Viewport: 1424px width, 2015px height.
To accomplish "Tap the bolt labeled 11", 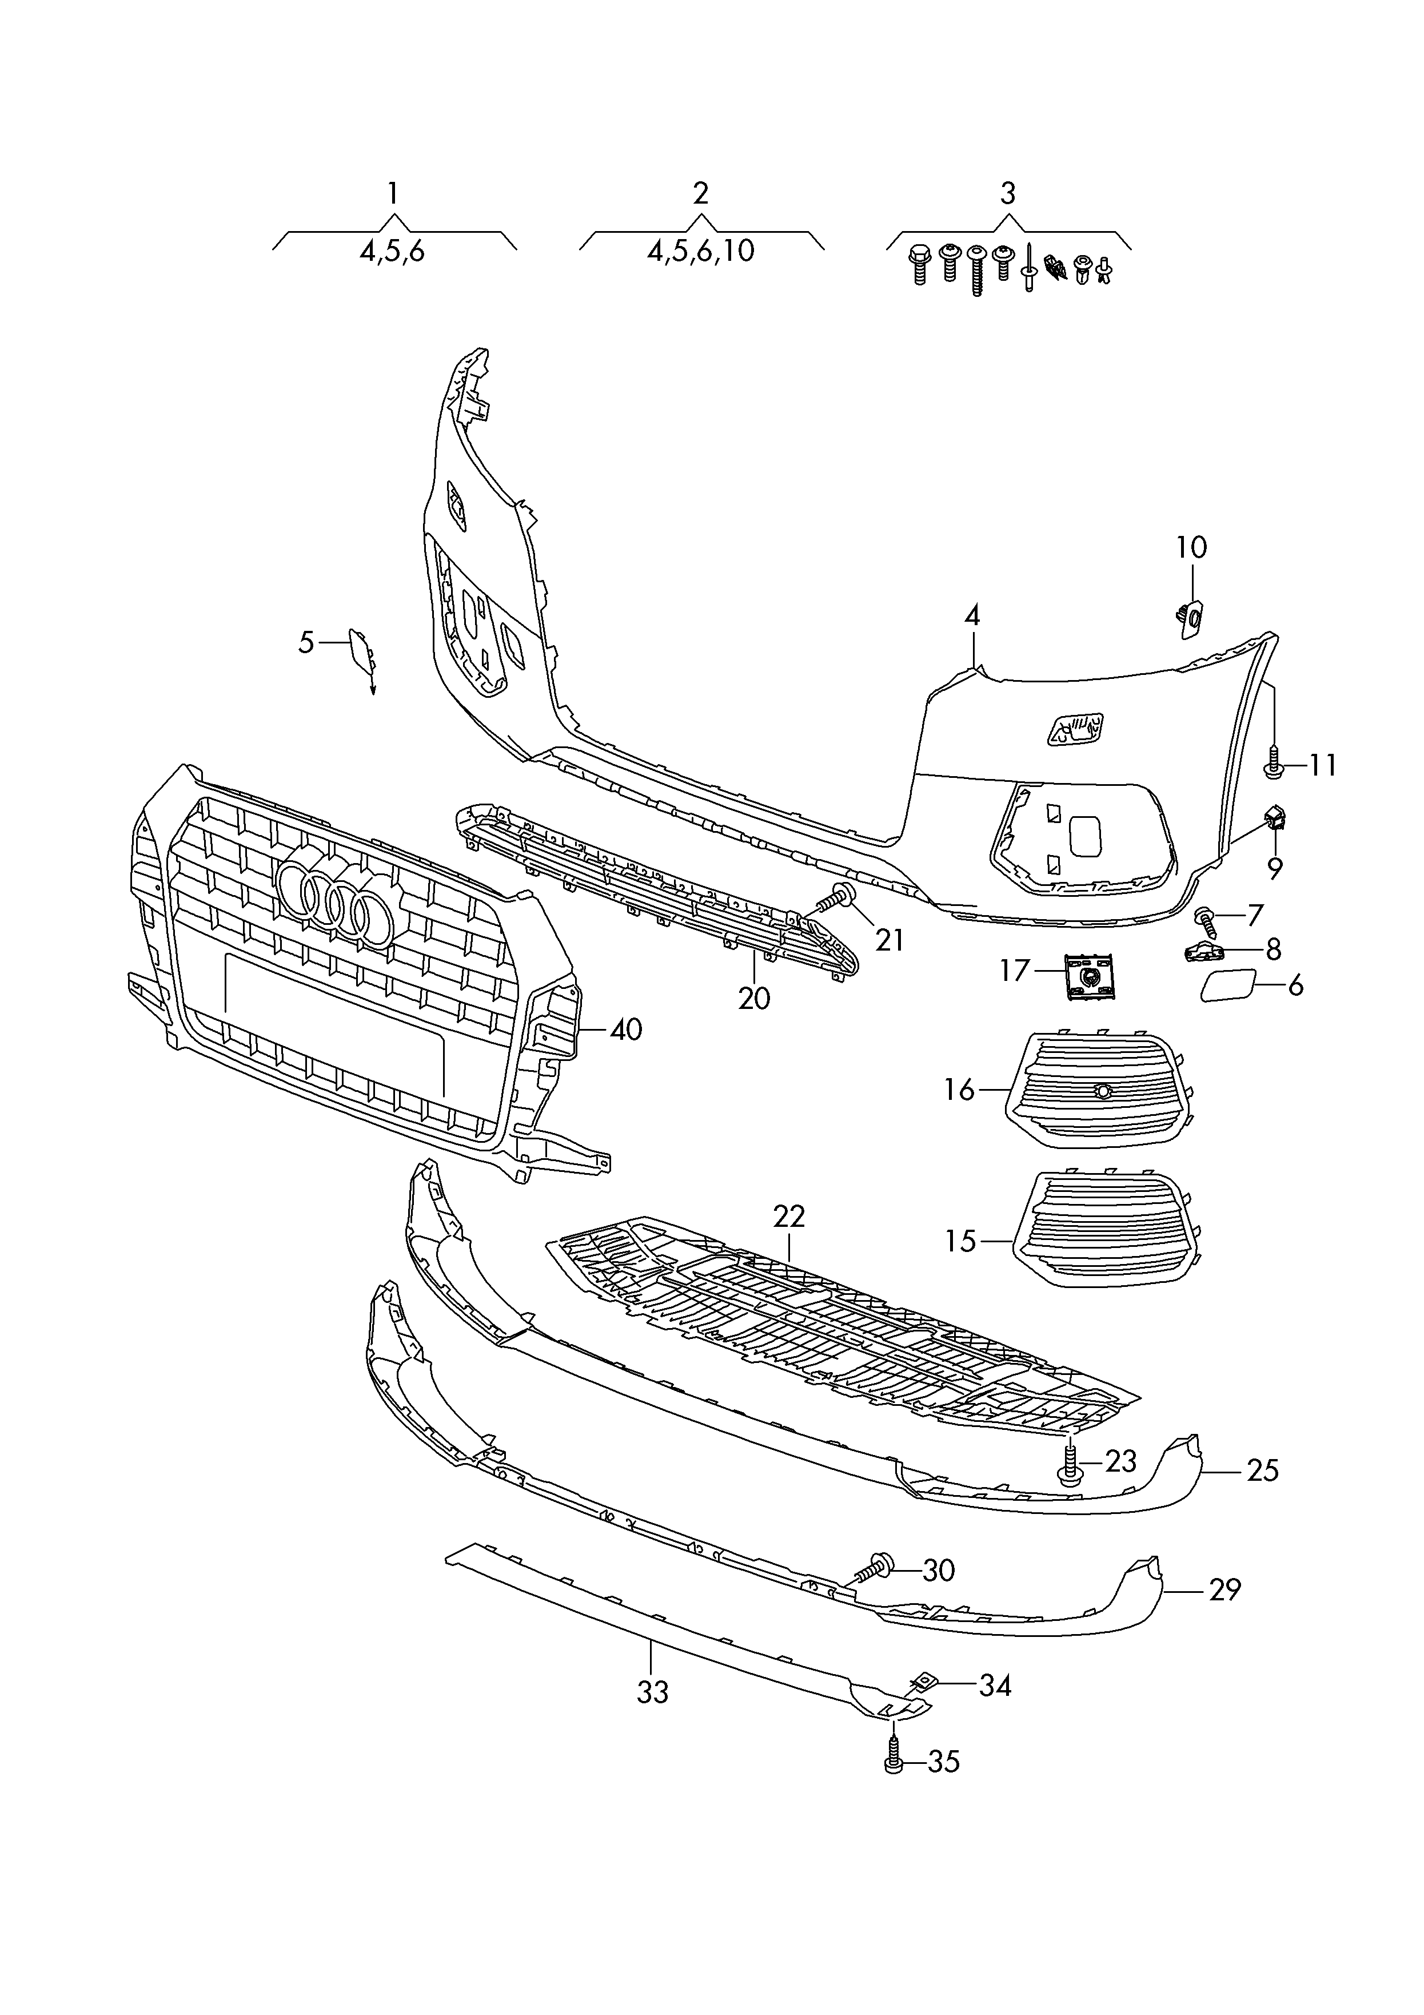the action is pos(1274,762).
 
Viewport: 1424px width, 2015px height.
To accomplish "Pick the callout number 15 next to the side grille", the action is pos(962,1241).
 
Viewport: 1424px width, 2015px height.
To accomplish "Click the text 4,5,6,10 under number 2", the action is pos(700,251).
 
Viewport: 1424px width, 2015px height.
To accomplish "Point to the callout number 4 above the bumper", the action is pos(972,616).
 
